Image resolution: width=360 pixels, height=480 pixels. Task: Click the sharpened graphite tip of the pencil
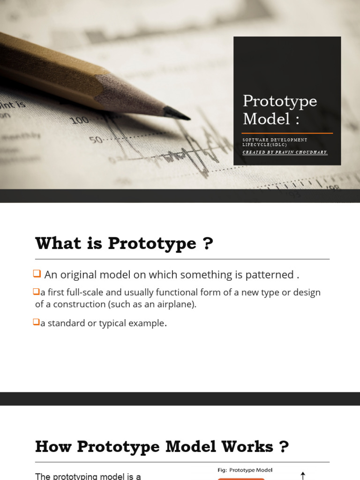pos(178,113)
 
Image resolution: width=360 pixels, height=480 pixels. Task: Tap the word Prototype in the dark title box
pos(280,101)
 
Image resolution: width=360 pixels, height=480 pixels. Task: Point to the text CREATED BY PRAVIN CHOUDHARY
pos(285,152)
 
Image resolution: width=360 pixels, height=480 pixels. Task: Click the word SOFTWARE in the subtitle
pos(255,140)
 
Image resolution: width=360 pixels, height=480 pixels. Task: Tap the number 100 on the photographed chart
pos(80,120)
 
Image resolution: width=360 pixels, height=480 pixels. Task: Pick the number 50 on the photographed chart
pos(96,140)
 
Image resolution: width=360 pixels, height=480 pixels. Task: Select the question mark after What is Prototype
pos(208,244)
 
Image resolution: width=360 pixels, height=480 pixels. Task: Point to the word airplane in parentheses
pos(176,304)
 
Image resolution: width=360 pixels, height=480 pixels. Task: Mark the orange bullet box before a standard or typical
pos(36,322)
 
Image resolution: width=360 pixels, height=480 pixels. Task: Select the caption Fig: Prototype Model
pos(245,470)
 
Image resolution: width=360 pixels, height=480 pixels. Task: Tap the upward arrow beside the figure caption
pos(303,475)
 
